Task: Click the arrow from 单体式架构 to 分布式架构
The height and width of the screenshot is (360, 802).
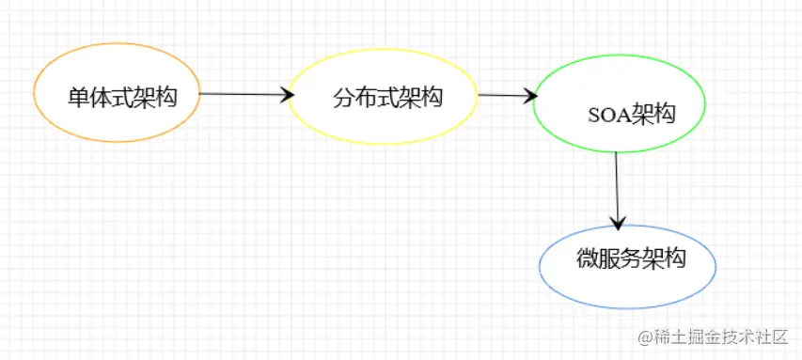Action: tap(243, 94)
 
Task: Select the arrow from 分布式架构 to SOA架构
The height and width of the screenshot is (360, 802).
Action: tap(505, 95)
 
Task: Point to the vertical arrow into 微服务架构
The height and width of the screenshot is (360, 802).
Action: tap(617, 188)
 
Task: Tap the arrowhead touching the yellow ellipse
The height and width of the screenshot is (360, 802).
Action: tap(287, 94)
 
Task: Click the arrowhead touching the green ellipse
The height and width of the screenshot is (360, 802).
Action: tap(531, 96)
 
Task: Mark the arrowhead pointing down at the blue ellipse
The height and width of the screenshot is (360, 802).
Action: tap(617, 225)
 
